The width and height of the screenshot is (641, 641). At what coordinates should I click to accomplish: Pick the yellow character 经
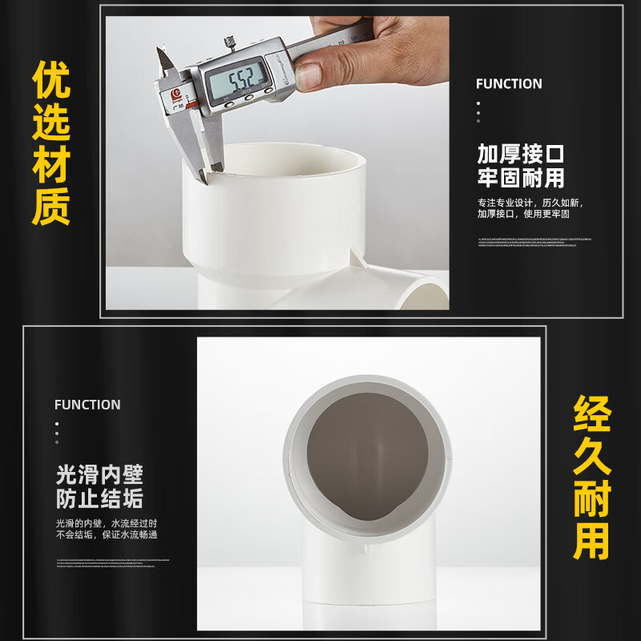coord(592,416)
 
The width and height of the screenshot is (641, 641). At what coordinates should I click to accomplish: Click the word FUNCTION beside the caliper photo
coord(509,84)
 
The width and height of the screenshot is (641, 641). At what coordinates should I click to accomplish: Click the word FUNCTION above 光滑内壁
coord(87,405)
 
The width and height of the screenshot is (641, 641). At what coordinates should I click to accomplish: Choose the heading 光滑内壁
coord(99,474)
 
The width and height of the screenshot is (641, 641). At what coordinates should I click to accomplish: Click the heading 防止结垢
coord(99,500)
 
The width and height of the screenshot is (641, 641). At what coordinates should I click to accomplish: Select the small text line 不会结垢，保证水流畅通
coord(106,535)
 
